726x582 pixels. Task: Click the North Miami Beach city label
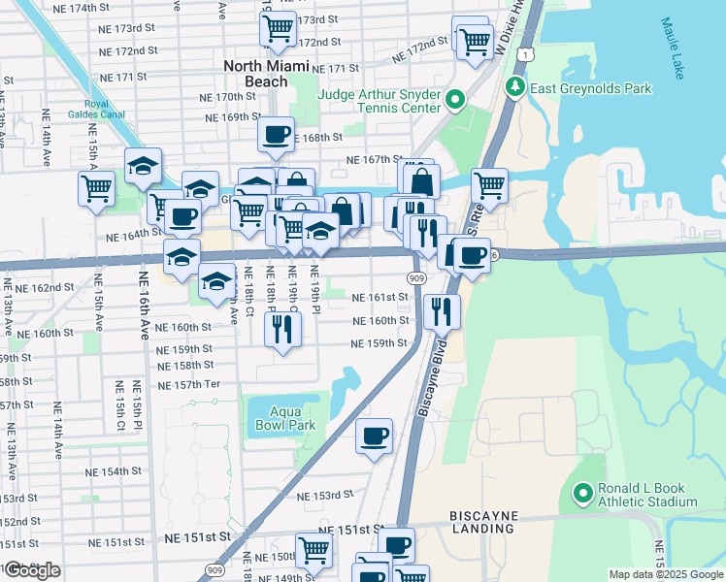click(266, 74)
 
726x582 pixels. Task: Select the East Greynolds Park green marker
click(513, 88)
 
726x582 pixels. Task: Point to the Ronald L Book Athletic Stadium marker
click(583, 495)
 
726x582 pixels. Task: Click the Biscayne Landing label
click(482, 522)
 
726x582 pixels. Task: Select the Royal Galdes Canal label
click(87, 108)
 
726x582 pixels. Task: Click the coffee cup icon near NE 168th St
click(276, 134)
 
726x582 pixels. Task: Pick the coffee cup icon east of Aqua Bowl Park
click(374, 436)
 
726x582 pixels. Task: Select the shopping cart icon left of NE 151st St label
click(313, 550)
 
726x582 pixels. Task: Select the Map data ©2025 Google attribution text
click(666, 574)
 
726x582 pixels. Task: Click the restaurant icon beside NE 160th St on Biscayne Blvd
click(442, 310)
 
